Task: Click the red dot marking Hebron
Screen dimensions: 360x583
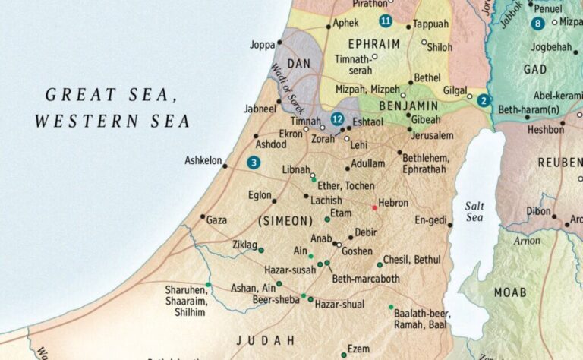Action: pyautogui.click(x=374, y=207)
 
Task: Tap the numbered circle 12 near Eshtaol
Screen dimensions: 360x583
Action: pyautogui.click(x=338, y=119)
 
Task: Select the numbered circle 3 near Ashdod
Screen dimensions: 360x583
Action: pyautogui.click(x=253, y=162)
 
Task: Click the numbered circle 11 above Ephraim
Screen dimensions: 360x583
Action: pyautogui.click(x=386, y=21)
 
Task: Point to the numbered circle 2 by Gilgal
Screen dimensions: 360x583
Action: pyautogui.click(x=484, y=99)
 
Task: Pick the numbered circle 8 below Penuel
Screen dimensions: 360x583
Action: pyautogui.click(x=538, y=24)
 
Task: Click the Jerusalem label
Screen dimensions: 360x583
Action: pyautogui.click(x=432, y=135)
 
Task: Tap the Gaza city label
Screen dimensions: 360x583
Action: pyautogui.click(x=216, y=219)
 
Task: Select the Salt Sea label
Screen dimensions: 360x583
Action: pyautogui.click(x=474, y=212)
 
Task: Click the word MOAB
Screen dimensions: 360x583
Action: pyautogui.click(x=510, y=292)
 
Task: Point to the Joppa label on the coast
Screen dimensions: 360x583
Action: pyautogui.click(x=263, y=45)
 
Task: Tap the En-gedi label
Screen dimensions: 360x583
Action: pyautogui.click(x=430, y=219)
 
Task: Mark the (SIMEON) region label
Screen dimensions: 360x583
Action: pyautogui.click(x=285, y=221)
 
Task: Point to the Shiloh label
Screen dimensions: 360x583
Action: pyautogui.click(x=440, y=46)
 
